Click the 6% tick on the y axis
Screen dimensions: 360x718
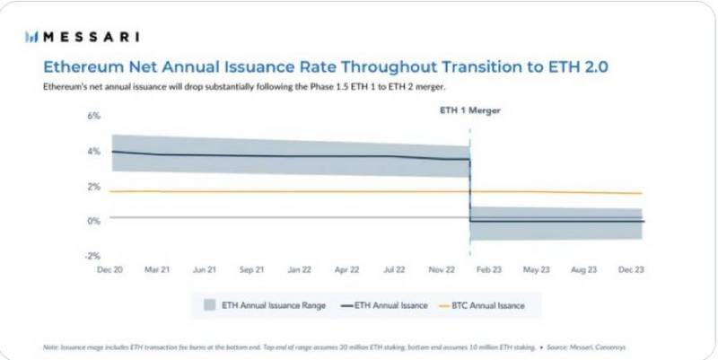(x=92, y=117)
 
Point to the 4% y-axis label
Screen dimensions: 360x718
(x=92, y=152)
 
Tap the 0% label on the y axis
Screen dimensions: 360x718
(x=92, y=221)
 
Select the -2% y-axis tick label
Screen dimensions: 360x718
(x=92, y=256)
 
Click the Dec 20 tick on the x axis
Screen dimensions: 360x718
(x=110, y=268)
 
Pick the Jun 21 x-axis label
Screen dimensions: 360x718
(x=203, y=268)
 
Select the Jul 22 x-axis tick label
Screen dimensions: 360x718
(x=393, y=268)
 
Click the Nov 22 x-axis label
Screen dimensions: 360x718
(x=441, y=268)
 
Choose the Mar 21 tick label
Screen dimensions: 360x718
(x=157, y=268)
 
